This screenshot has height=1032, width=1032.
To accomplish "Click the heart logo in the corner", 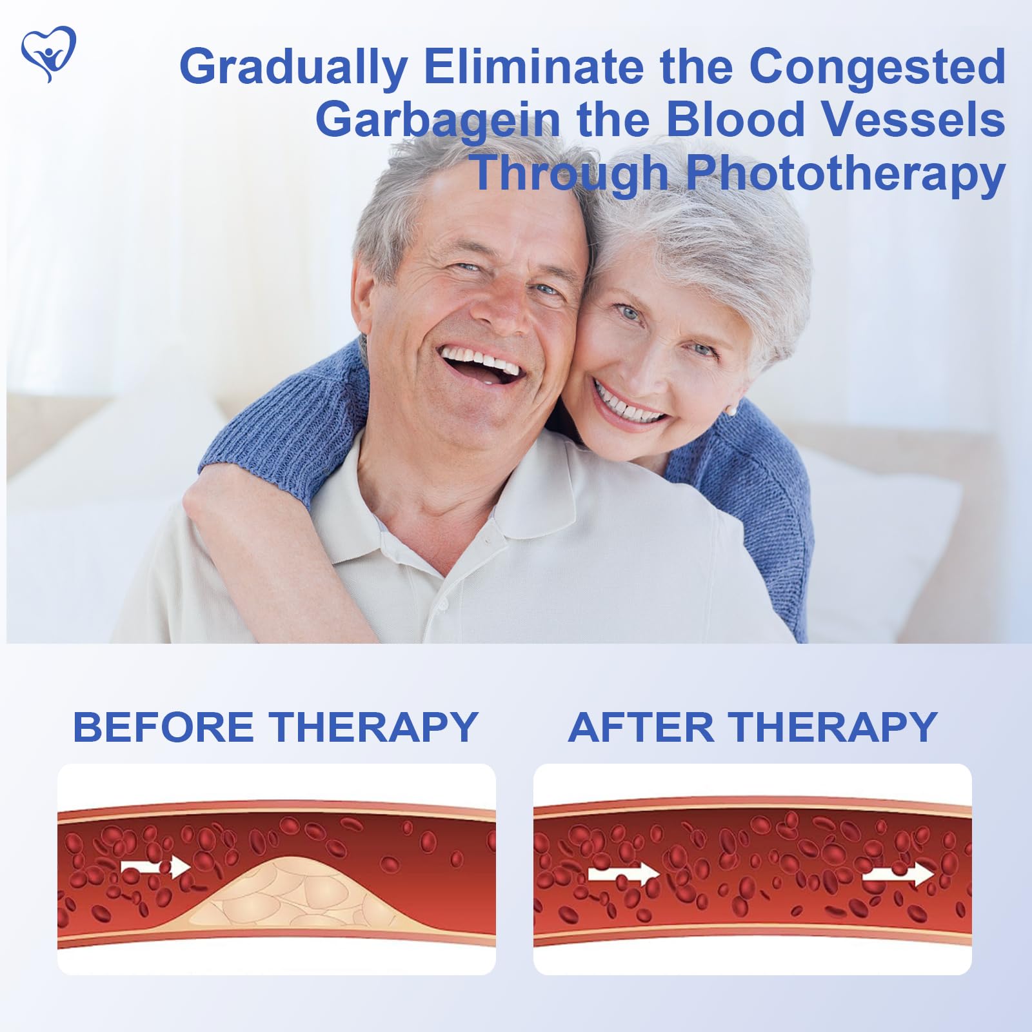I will tap(48, 54).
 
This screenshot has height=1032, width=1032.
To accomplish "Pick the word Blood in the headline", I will tap(735, 119).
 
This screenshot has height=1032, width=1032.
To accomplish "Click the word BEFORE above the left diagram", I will tap(164, 727).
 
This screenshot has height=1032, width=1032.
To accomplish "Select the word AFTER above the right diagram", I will tap(642, 727).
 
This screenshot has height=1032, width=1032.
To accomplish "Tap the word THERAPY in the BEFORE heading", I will tap(373, 727).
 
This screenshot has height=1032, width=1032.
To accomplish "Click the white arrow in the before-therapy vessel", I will tap(155, 866).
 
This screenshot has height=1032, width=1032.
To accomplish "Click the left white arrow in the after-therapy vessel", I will tap(622, 875).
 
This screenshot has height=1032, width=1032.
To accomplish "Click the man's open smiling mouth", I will tap(481, 364).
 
